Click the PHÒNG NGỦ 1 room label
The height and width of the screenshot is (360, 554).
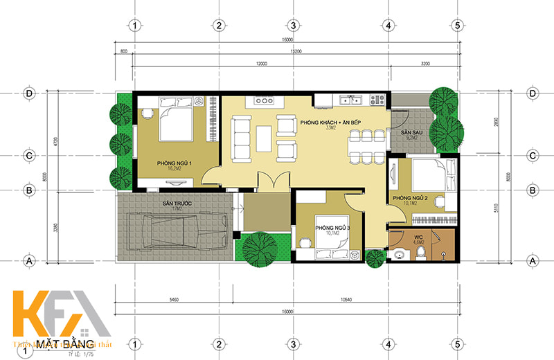point(174,163)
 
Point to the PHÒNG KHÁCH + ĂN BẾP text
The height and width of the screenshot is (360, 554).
point(331,122)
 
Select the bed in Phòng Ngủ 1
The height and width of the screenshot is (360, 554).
point(177,120)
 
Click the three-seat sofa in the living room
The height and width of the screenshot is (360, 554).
point(242,138)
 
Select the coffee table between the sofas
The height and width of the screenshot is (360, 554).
point(264,138)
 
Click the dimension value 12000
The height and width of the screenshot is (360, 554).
point(260,63)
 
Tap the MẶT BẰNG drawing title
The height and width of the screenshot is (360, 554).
point(60,343)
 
